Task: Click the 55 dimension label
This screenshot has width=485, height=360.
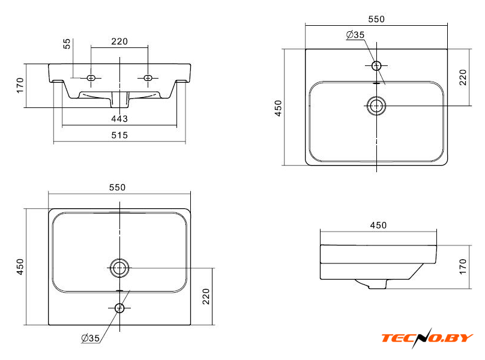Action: pyautogui.click(x=67, y=44)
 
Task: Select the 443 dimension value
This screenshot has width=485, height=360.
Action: pyautogui.click(x=119, y=118)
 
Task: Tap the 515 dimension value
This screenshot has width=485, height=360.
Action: pyautogui.click(x=119, y=135)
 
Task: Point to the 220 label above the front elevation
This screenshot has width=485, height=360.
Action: pyautogui.click(x=119, y=41)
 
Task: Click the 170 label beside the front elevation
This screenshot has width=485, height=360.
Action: pyautogui.click(x=20, y=85)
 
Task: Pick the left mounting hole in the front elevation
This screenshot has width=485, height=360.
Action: pyautogui.click(x=91, y=78)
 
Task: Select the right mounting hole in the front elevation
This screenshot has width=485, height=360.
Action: pyautogui.click(x=148, y=78)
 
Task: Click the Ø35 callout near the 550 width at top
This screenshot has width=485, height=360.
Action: pyautogui.click(x=355, y=35)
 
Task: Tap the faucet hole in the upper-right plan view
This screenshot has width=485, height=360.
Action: pyautogui.click(x=376, y=65)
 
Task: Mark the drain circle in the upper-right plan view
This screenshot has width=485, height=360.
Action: pyautogui.click(x=376, y=106)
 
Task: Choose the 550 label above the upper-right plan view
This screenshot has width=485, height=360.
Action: pyautogui.click(x=376, y=19)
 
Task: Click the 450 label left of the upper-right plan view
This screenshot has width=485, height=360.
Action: pyautogui.click(x=279, y=108)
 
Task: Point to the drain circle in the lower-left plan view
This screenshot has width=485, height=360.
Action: pyautogui.click(x=119, y=268)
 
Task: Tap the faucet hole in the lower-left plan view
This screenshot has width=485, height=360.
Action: pyautogui.click(x=119, y=308)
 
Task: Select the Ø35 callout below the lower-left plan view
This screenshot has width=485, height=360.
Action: pyautogui.click(x=90, y=338)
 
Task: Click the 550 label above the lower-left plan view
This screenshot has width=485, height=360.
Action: pyautogui.click(x=118, y=187)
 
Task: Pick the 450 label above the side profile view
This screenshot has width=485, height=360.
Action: pyautogui.click(x=378, y=225)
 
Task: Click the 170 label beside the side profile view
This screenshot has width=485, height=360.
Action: pyautogui.click(x=463, y=266)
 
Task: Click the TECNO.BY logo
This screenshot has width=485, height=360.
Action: pyautogui.click(x=427, y=338)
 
